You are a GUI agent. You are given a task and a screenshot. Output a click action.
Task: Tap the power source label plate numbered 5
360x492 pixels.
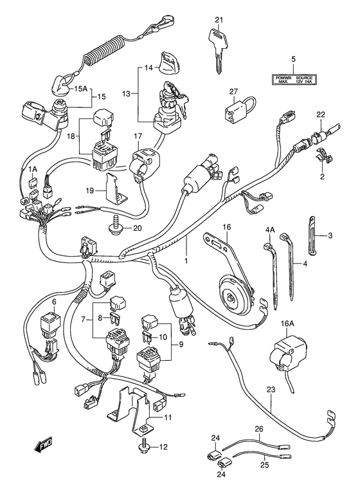pyautogui.click(x=292, y=80)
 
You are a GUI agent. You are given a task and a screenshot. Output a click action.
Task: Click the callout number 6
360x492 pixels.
pyautogui.click(x=54, y=301)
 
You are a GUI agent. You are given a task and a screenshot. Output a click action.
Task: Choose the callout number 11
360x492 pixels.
pyautogui.click(x=168, y=418)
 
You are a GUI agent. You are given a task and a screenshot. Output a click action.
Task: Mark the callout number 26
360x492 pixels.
pyautogui.click(x=258, y=428)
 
